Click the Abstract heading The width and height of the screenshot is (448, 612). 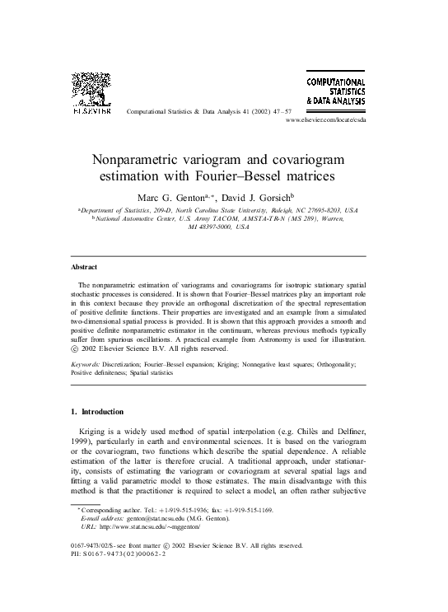84,268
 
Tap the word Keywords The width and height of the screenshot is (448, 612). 86,362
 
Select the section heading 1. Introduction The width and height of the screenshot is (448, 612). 96,412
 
